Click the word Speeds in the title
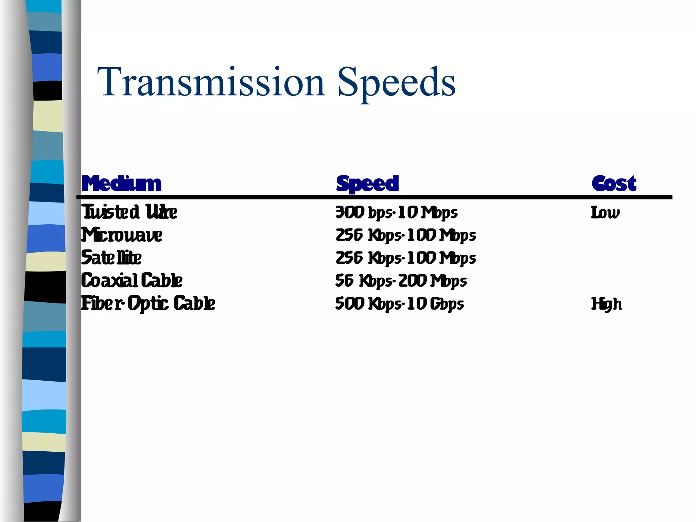coord(396,82)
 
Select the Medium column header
coord(121,184)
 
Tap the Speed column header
coord(367,184)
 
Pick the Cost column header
coord(614,184)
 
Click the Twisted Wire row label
coord(129,212)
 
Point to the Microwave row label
coord(122,235)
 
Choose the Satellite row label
coord(111,258)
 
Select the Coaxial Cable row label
coord(132,281)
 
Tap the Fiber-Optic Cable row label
coord(148,303)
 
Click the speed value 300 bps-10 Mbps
coord(396,213)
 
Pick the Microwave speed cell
coord(406,236)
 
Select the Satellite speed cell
coord(406,258)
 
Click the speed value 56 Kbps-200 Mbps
coord(401,281)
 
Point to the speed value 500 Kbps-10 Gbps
coord(399,304)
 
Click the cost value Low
coord(605,213)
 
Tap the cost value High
coord(607,304)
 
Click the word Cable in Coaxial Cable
coord(161,281)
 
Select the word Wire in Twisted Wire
coord(161,212)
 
